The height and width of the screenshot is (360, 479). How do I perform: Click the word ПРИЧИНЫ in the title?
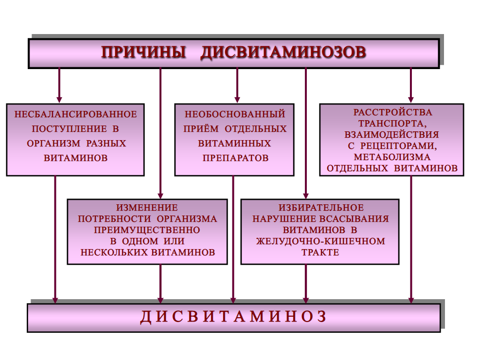pos(144,53)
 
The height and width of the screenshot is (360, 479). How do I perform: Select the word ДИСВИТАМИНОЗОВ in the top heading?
pos(283,53)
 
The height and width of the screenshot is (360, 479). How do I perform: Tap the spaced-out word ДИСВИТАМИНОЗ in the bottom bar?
pos(233,317)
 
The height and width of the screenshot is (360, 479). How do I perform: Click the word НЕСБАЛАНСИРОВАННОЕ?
pos(75,115)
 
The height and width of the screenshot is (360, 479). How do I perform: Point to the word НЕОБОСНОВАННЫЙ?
pos(234,115)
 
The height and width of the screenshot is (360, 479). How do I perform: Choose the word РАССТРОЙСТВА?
pos(392,112)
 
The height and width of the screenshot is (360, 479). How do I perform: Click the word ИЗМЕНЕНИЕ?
pos(147,208)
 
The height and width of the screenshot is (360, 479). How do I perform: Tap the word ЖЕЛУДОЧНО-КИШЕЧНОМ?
pos(320,241)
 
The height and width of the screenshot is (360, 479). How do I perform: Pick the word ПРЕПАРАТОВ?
pos(234,159)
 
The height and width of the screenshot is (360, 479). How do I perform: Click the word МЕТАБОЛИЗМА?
pos(392,157)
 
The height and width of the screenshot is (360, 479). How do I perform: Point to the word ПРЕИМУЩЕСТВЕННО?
pos(147,230)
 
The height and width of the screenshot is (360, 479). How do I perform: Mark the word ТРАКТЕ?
pos(320,252)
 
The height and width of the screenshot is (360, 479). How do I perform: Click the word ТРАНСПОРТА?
pos(392,124)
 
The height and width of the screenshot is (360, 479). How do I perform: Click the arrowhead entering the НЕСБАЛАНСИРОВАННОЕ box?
pos(59,100)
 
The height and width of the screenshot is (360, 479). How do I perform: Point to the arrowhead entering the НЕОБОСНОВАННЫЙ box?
pos(237,100)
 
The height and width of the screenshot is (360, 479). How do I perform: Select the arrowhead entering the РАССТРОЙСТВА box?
pos(411,100)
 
